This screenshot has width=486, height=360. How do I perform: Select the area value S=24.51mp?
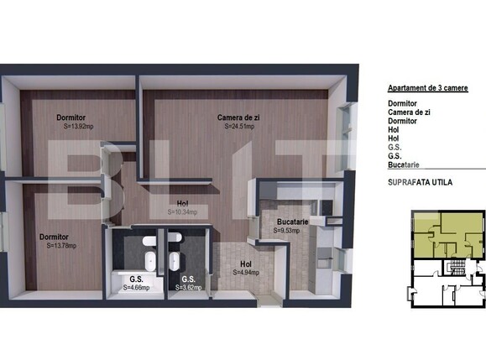point(242,128)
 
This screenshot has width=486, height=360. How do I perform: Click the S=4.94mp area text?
point(246,272)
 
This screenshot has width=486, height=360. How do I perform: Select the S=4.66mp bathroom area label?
point(136,288)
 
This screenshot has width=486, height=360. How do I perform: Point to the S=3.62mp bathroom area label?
point(188,288)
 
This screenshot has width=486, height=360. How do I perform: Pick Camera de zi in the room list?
point(409,112)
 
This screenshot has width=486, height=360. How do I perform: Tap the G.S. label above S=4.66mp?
point(136,279)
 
